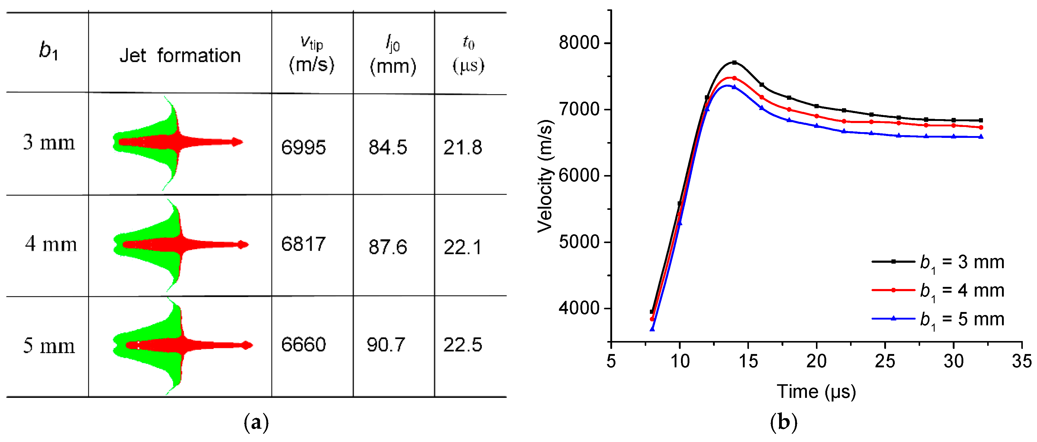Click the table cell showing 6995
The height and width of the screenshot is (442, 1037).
click(x=303, y=147)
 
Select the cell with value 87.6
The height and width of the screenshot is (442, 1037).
click(x=388, y=247)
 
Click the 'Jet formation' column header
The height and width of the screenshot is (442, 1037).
click(x=180, y=55)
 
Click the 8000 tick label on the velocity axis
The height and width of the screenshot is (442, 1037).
click(x=579, y=42)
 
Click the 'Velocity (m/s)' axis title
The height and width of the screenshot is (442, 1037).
click(x=545, y=176)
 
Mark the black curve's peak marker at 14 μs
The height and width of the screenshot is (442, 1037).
click(x=734, y=63)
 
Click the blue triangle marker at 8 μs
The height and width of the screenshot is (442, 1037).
click(x=652, y=329)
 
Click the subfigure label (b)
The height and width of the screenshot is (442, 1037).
click(x=783, y=423)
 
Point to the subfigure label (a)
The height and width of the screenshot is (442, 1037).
click(x=256, y=423)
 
